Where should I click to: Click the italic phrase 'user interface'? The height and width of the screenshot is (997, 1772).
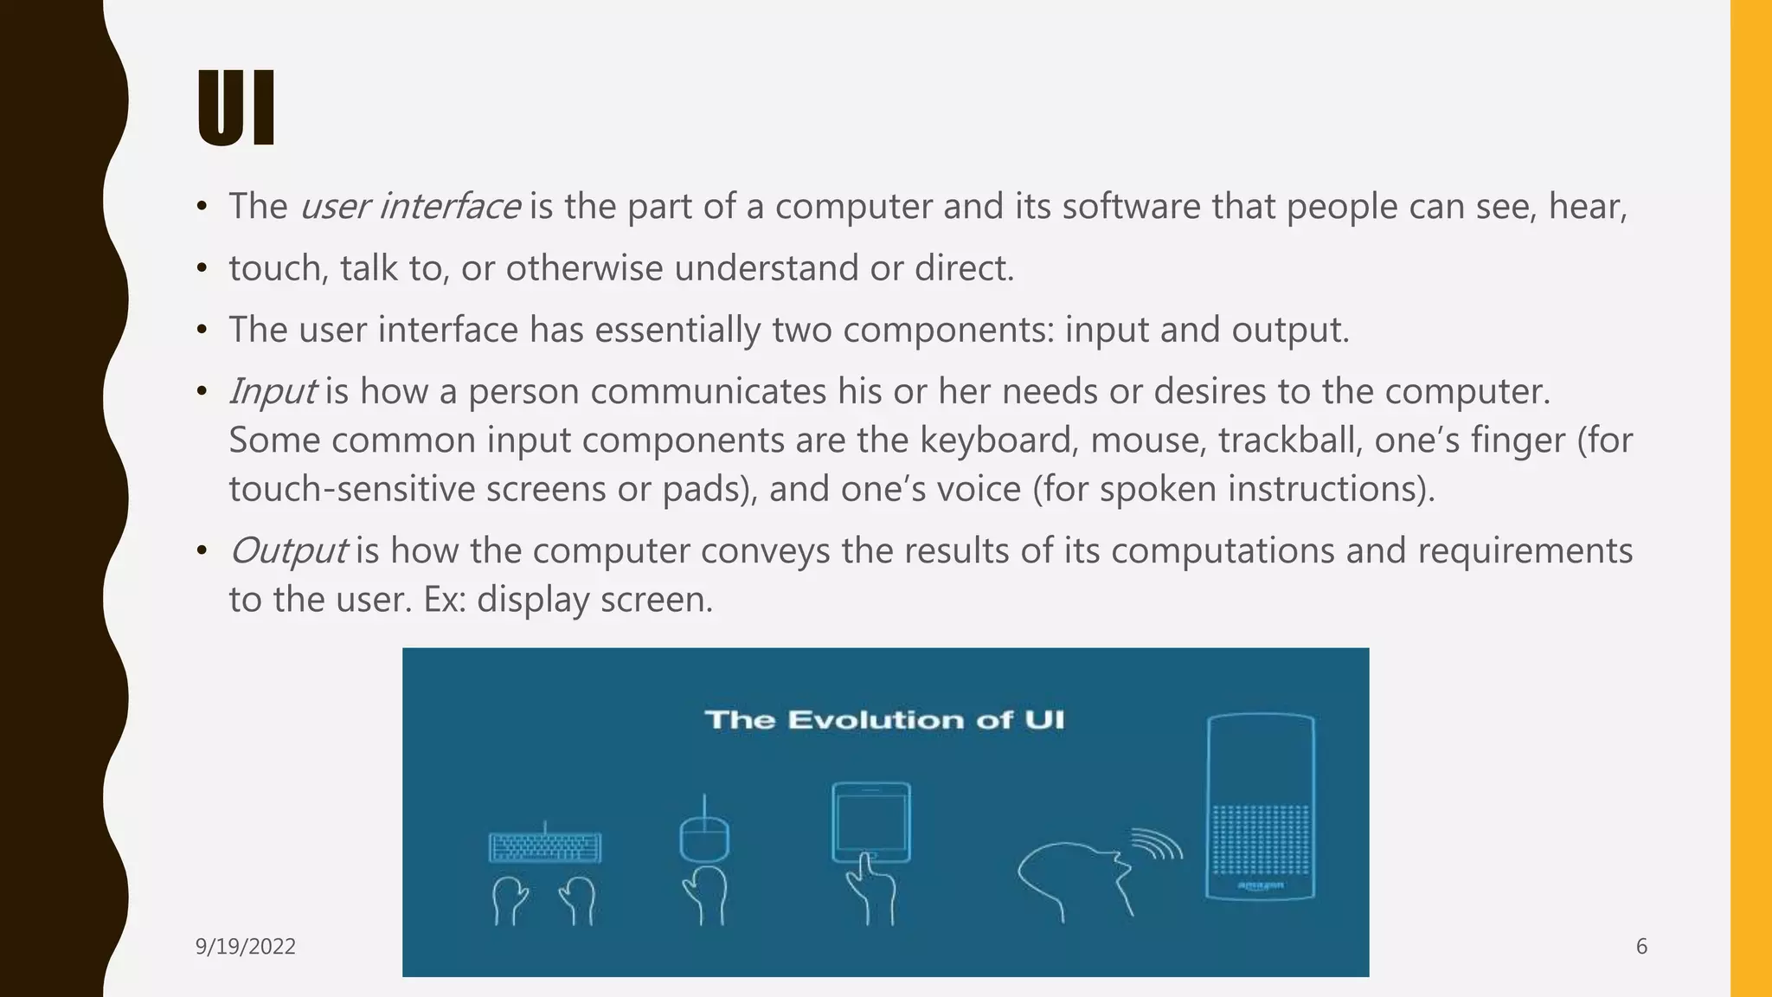tap(409, 207)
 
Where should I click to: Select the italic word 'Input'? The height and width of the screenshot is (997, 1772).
tap(272, 392)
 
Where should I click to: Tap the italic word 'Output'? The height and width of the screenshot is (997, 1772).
tap(288, 551)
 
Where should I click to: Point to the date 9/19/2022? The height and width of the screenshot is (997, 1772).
tap(246, 947)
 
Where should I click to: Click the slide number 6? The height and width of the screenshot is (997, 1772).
tap(1641, 947)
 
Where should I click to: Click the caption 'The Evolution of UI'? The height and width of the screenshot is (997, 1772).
tap(884, 720)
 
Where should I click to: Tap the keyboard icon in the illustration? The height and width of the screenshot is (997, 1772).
tap(545, 846)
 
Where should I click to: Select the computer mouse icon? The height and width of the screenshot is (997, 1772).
tap(703, 838)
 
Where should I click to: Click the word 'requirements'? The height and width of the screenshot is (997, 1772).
tap(1525, 551)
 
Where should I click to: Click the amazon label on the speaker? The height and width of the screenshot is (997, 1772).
tap(1260, 885)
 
